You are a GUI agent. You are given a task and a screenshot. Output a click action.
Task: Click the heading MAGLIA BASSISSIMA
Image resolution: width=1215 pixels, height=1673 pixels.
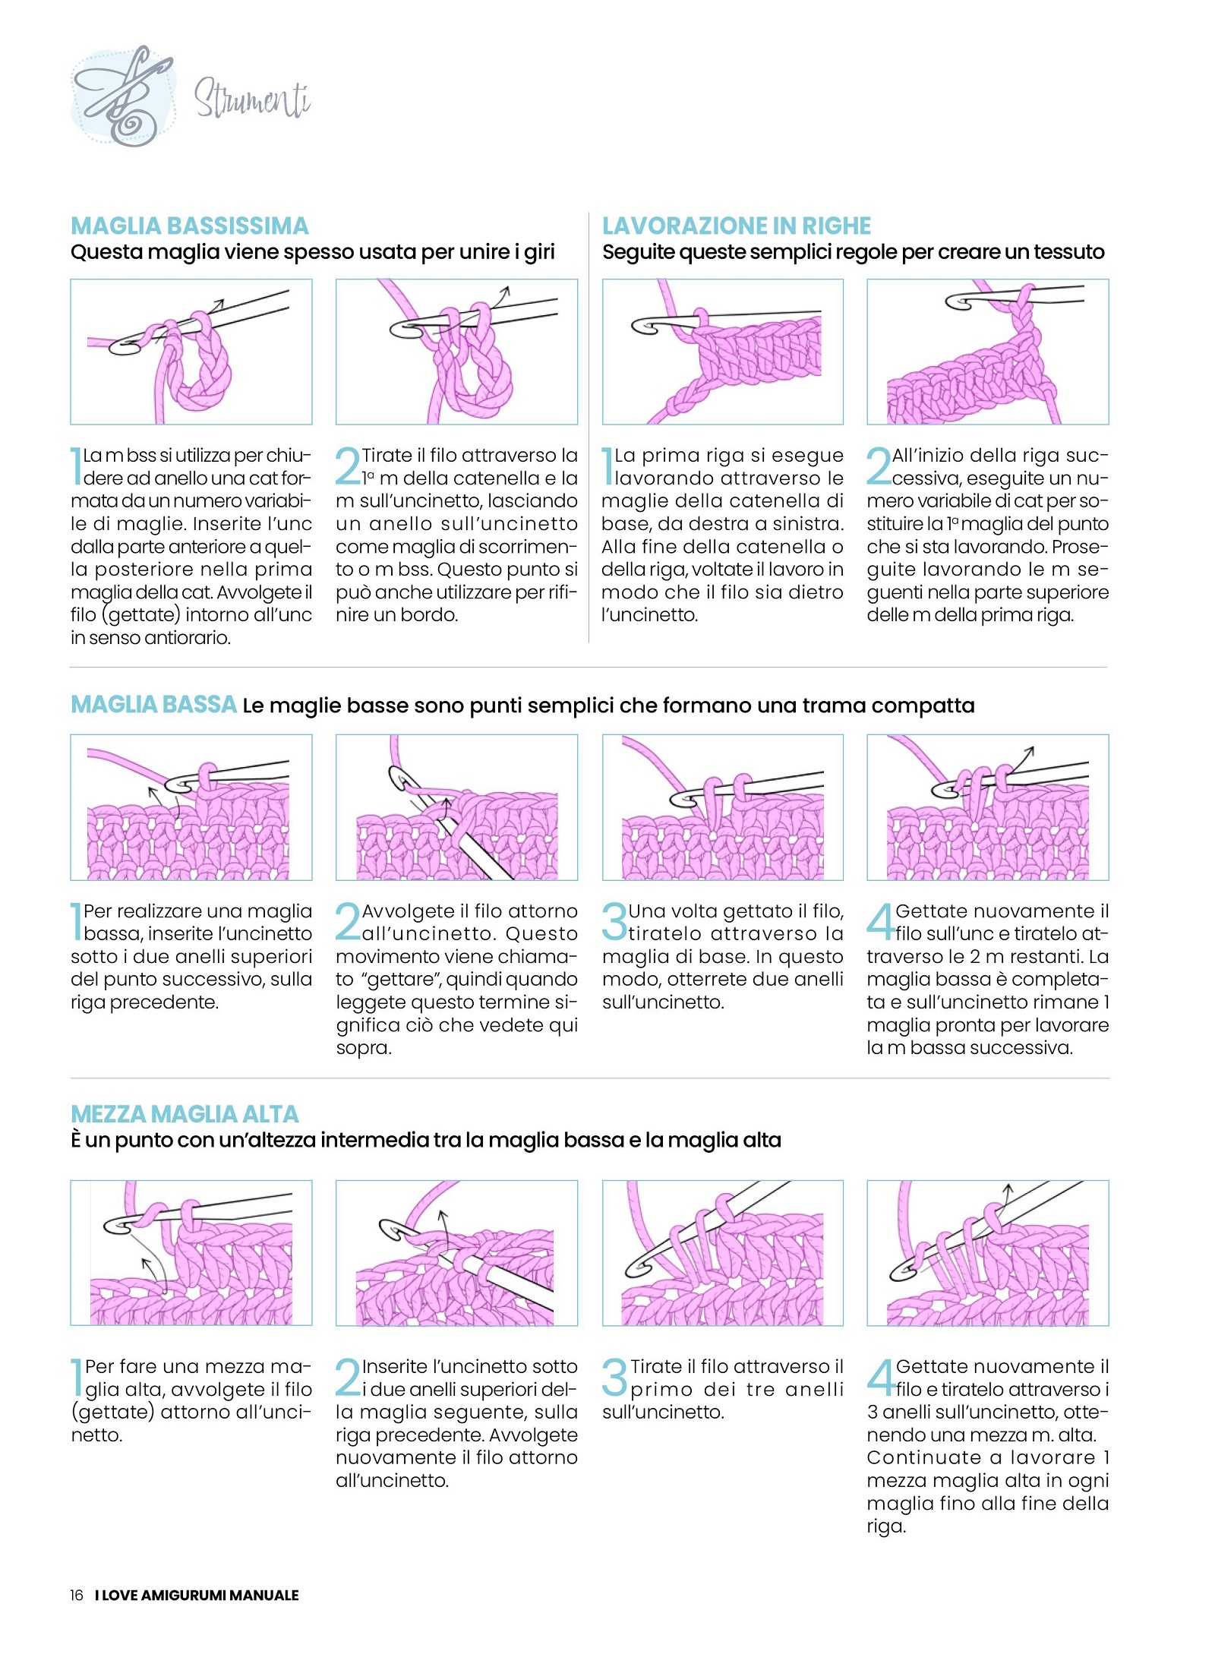click(190, 226)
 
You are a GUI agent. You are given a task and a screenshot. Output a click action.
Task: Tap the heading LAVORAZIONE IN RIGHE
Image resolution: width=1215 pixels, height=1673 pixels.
click(736, 226)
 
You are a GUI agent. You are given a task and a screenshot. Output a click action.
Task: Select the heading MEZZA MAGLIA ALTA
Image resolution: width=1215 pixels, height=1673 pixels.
click(185, 1114)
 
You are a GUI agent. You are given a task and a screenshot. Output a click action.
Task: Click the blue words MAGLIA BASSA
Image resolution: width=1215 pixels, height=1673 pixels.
click(153, 705)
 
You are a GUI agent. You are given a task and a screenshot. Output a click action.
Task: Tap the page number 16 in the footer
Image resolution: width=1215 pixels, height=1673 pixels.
click(77, 1595)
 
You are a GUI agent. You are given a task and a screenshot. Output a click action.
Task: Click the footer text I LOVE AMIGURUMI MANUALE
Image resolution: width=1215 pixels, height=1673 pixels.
click(197, 1595)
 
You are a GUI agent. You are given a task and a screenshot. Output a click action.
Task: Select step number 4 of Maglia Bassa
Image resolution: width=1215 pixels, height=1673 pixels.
click(881, 921)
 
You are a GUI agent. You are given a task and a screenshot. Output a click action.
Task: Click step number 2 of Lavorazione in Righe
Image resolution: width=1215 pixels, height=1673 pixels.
click(879, 466)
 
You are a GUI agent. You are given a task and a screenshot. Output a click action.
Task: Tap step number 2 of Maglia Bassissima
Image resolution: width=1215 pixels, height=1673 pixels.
click(349, 466)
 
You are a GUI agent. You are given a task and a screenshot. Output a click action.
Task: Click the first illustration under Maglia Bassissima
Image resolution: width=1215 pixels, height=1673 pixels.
click(191, 352)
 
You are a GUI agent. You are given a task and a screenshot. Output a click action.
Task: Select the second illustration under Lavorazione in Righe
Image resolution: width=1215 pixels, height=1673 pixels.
click(987, 352)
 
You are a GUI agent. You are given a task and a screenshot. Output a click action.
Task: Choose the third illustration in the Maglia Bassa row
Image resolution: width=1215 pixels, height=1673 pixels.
click(722, 807)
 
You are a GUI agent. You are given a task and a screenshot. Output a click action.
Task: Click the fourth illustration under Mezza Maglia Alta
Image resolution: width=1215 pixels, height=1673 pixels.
click(987, 1253)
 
